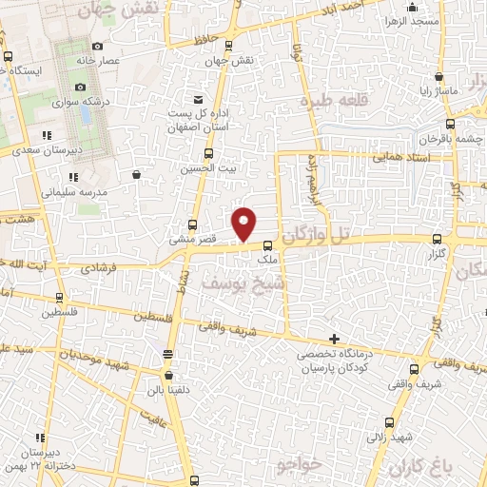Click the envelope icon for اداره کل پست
tap(198, 100)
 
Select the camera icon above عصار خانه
tap(98, 46)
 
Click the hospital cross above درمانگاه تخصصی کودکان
tap(334, 339)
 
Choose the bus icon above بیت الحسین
tap(208, 153)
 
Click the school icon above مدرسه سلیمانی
tap(72, 177)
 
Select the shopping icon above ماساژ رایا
tap(438, 77)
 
